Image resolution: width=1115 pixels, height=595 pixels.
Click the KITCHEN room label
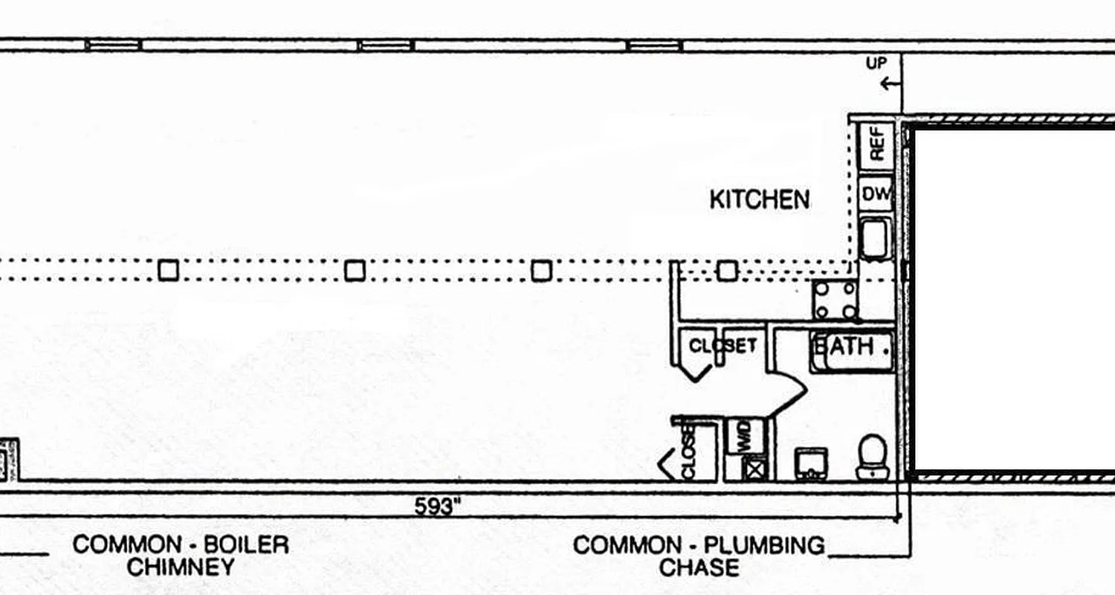[x=760, y=199]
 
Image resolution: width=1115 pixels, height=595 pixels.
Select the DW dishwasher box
[x=876, y=195]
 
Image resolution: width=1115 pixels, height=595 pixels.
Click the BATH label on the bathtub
[x=847, y=347]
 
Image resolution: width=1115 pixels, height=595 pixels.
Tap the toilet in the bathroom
[x=871, y=456]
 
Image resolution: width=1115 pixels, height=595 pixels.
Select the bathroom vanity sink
[x=811, y=462]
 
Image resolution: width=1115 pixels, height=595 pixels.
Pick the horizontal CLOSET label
[x=723, y=346]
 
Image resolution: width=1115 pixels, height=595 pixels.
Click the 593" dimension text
[x=438, y=507]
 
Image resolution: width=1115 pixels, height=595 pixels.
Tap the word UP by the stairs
[x=876, y=64]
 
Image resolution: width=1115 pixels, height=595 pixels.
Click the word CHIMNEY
[x=181, y=568]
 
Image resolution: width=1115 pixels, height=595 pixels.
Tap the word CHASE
[x=699, y=568]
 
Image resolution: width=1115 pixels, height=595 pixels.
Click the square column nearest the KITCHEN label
[x=727, y=270]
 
